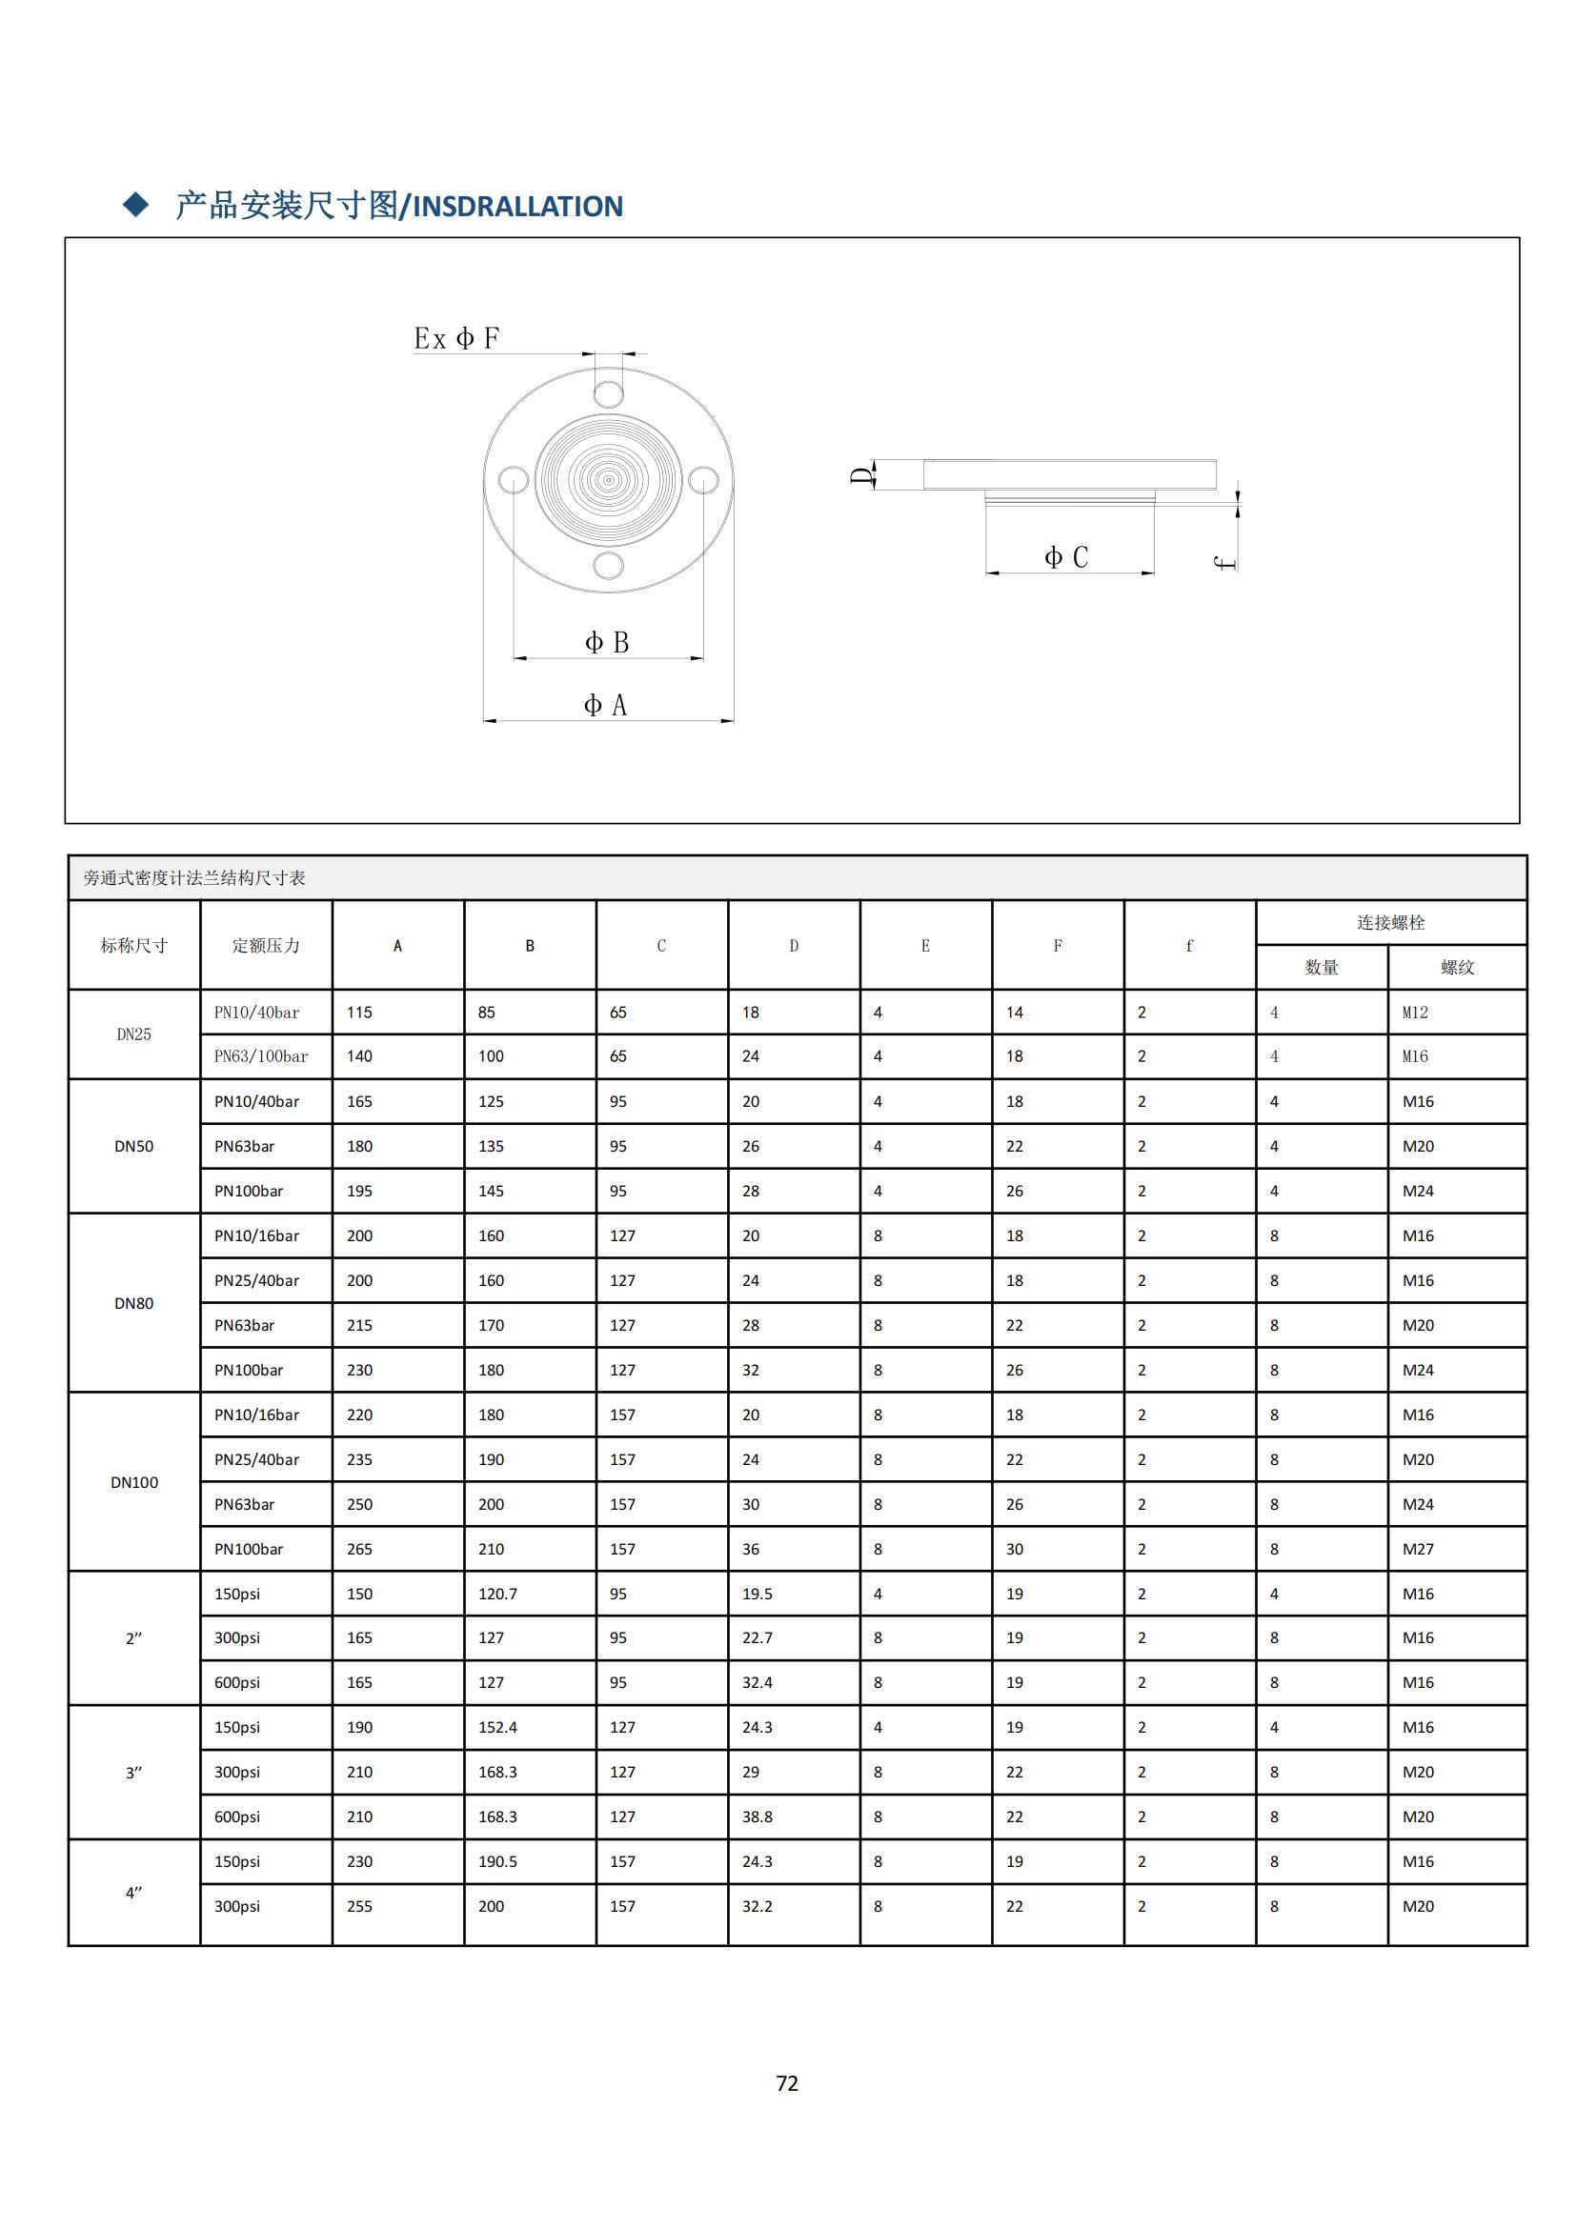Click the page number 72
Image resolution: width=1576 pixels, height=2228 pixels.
click(787, 2082)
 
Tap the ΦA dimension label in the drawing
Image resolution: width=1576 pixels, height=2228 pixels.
click(606, 706)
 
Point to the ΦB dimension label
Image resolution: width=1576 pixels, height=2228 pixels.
click(607, 642)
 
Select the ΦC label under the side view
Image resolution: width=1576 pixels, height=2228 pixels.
click(1065, 557)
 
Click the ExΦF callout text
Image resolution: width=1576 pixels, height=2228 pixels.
click(456, 339)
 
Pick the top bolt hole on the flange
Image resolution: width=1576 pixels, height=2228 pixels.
click(609, 394)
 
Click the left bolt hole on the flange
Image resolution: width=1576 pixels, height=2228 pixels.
click(514, 479)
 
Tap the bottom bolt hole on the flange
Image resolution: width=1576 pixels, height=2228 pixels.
click(609, 565)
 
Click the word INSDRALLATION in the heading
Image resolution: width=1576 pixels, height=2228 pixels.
click(518, 207)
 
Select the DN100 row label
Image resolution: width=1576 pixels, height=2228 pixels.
click(134, 1482)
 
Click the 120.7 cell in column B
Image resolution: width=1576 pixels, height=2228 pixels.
click(497, 1594)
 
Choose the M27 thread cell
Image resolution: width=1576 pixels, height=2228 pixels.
click(1418, 1549)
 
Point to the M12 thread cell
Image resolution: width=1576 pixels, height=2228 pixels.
click(1415, 1013)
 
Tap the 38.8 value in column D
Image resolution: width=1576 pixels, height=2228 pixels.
click(757, 1817)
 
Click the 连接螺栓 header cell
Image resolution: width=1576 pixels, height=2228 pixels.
click(1390, 922)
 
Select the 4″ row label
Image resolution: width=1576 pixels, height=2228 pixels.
click(134, 1893)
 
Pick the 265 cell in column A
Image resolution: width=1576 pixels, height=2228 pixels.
click(359, 1549)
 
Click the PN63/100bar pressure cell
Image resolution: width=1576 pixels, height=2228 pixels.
click(261, 1055)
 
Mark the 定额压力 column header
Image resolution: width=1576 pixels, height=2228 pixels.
click(266, 945)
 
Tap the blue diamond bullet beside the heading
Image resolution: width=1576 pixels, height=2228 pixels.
click(136, 205)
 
